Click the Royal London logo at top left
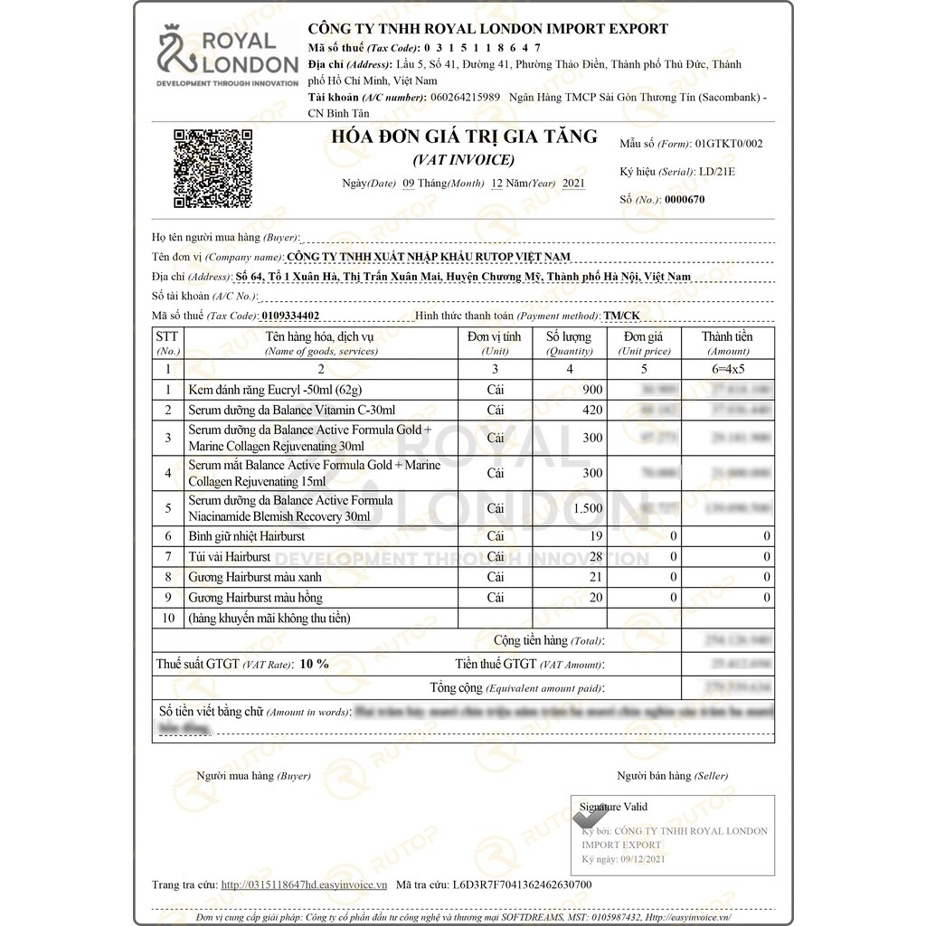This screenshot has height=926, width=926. (x=227, y=57)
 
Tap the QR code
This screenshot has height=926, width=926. (x=213, y=169)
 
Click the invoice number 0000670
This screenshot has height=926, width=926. (x=684, y=200)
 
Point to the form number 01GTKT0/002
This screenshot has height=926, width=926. (x=728, y=144)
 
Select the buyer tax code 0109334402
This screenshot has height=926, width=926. (x=289, y=316)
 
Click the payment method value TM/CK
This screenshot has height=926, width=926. (x=621, y=316)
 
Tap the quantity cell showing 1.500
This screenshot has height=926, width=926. (x=587, y=508)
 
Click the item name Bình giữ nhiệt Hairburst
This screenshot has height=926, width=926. (x=246, y=536)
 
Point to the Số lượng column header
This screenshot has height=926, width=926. (x=570, y=343)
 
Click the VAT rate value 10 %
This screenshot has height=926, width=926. (x=314, y=664)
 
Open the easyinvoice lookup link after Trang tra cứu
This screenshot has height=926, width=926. (x=304, y=884)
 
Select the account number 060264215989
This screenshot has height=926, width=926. (x=465, y=97)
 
